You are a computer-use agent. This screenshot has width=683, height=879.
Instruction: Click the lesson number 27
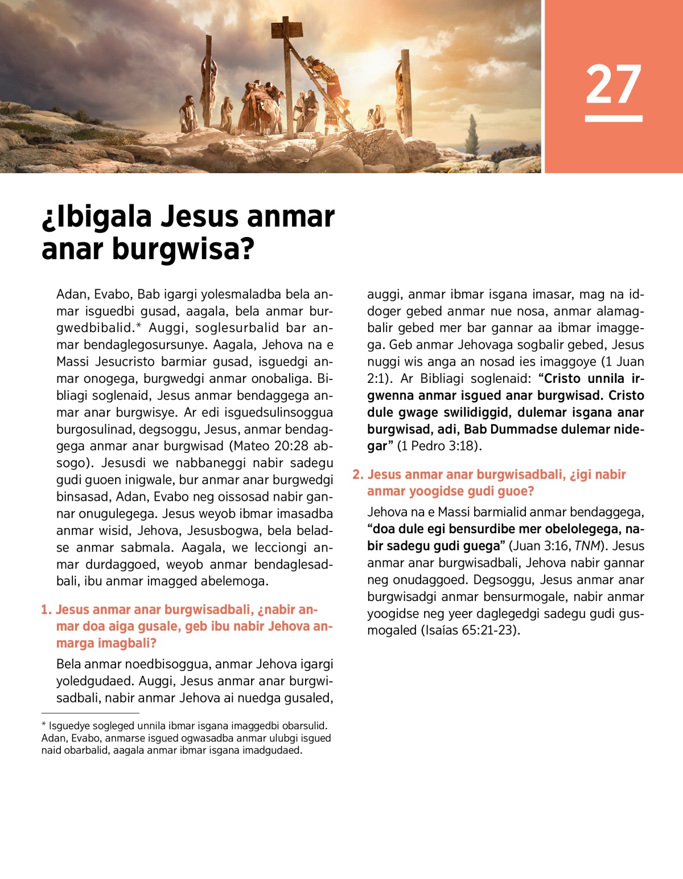(x=614, y=84)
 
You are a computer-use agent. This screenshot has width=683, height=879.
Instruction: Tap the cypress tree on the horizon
(x=472, y=137)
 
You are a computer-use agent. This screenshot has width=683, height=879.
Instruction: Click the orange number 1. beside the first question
(x=46, y=610)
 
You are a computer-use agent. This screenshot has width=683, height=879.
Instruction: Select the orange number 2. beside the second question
(x=357, y=475)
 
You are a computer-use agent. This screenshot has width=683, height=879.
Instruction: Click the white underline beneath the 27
(x=614, y=118)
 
